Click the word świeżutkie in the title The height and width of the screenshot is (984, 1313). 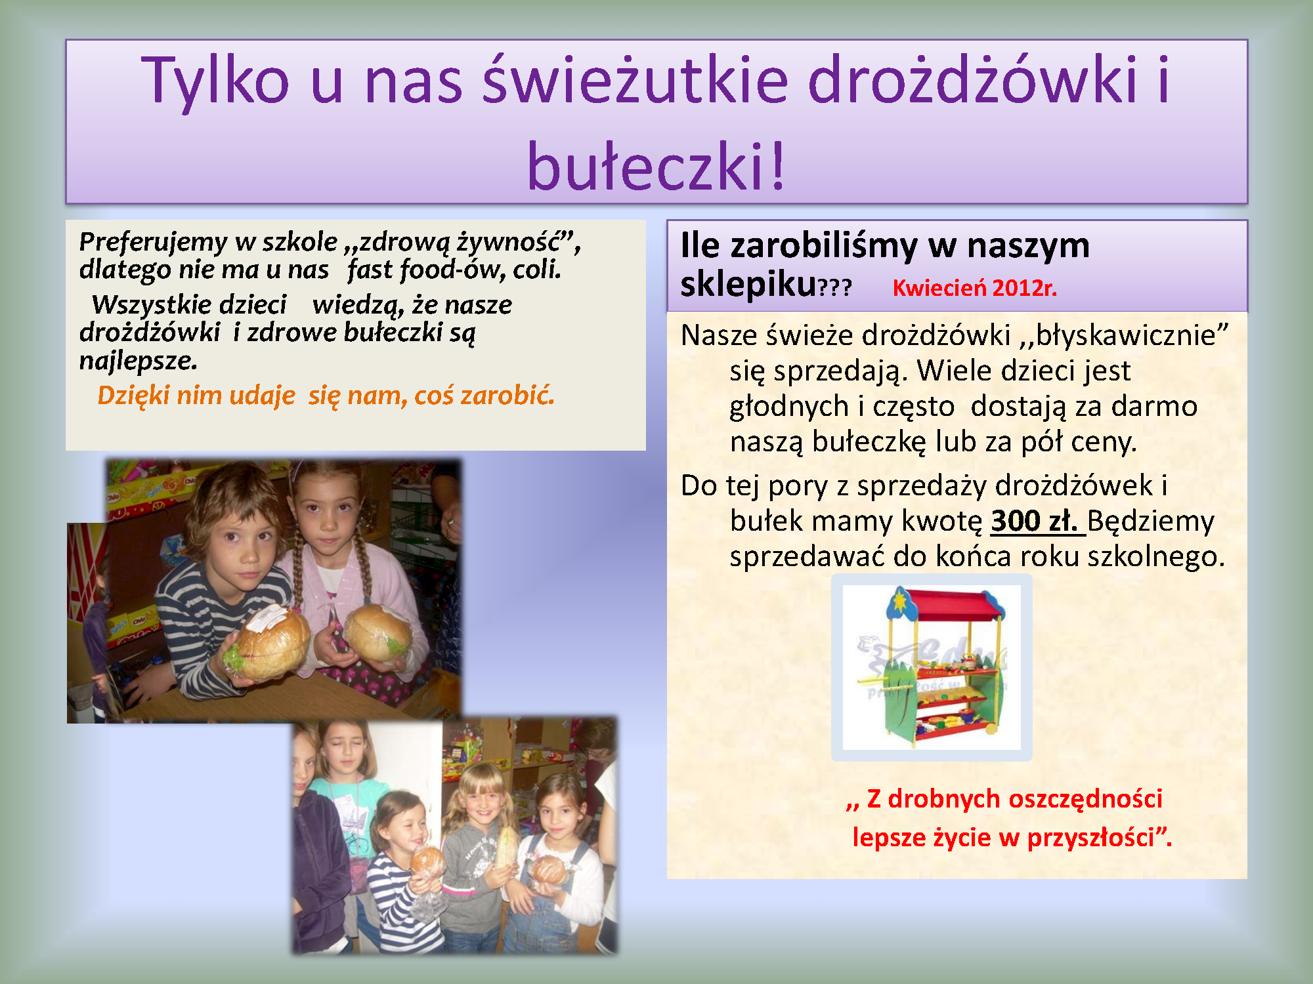click(x=635, y=80)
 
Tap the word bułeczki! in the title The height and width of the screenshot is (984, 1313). click(x=656, y=165)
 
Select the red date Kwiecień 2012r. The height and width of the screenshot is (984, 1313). click(x=975, y=288)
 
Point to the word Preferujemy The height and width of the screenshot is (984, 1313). click(x=152, y=243)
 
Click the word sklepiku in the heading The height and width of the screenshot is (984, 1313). click(x=748, y=285)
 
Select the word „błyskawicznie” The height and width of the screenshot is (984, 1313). click(x=1123, y=335)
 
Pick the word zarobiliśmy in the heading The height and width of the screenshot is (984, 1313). click(x=824, y=246)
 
